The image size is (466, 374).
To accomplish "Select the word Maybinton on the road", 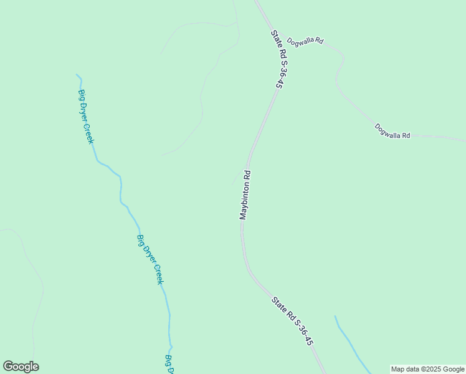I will tap(244, 202).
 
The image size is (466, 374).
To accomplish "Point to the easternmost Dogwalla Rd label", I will tap(392, 132).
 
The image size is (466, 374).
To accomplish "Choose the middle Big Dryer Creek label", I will tap(150, 259).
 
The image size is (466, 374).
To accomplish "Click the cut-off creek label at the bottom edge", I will tap(168, 364).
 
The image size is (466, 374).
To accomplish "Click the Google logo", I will tap(21, 367).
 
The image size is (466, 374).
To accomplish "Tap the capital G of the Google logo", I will tap(7, 367).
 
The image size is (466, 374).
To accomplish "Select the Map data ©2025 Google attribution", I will tap(427, 369).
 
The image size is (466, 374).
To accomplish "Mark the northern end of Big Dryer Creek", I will tap(77, 75).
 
